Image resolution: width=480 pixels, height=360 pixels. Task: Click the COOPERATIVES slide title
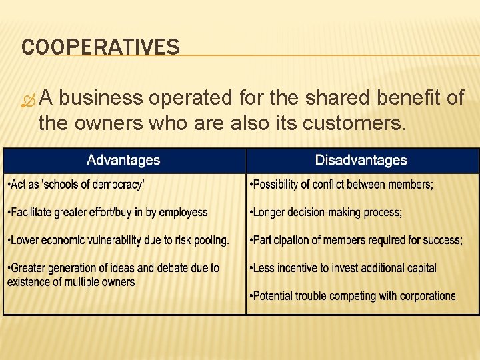[100, 47]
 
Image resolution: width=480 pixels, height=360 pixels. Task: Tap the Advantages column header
[123, 160]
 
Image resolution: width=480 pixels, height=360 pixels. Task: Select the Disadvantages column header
[361, 160]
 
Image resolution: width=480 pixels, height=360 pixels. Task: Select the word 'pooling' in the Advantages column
[209, 240]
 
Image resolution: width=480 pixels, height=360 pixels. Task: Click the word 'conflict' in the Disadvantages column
[337, 185]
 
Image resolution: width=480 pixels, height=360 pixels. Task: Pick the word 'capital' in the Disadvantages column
[419, 268]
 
